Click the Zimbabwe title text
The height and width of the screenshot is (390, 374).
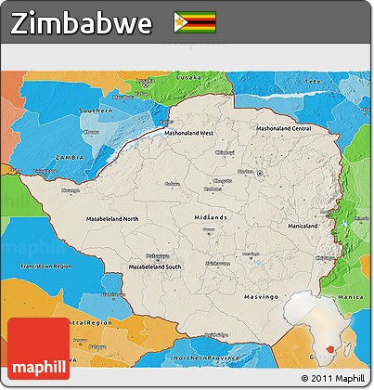click(82, 23)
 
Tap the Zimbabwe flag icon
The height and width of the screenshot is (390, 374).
click(195, 22)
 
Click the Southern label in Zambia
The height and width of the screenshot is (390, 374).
click(96, 110)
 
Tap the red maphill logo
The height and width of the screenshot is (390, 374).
click(38, 349)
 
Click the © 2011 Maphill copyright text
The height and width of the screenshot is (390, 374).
click(332, 379)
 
